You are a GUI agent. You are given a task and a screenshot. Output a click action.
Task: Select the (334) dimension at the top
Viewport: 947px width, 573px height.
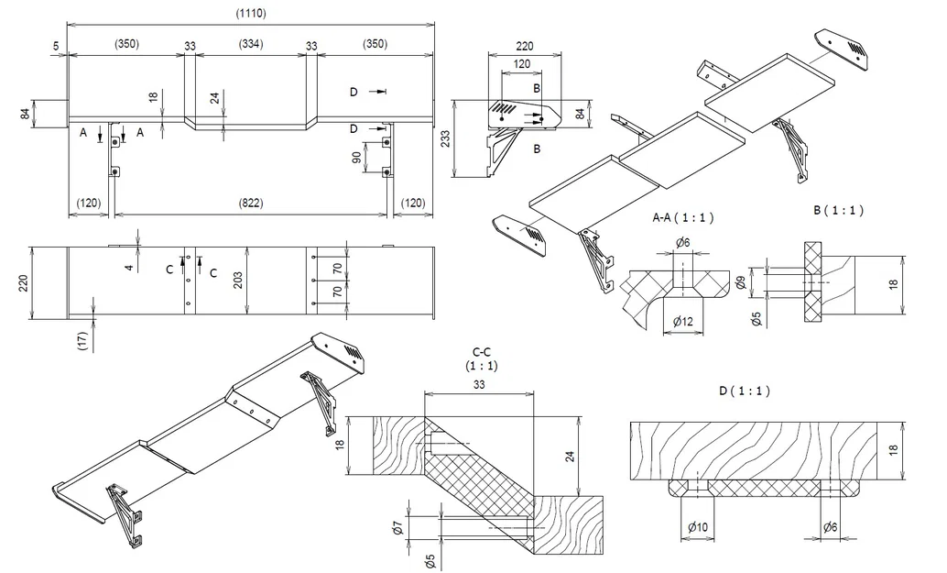252,44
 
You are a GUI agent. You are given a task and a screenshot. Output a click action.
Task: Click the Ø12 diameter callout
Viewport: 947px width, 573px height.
681,322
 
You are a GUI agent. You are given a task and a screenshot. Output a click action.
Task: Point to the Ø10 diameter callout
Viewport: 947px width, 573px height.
698,527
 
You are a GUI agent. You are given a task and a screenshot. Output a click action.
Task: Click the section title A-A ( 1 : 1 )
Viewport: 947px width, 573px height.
682,218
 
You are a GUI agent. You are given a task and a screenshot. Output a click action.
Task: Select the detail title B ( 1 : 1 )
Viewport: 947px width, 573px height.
838,210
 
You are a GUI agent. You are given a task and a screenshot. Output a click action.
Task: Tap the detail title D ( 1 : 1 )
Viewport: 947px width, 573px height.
745,391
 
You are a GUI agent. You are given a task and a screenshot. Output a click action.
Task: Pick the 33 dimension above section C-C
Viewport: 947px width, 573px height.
479,386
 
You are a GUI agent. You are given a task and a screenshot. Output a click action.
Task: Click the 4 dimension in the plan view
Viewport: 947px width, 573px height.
129,267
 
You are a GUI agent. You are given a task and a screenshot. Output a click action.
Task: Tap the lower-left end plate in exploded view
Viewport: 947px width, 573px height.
520,234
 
